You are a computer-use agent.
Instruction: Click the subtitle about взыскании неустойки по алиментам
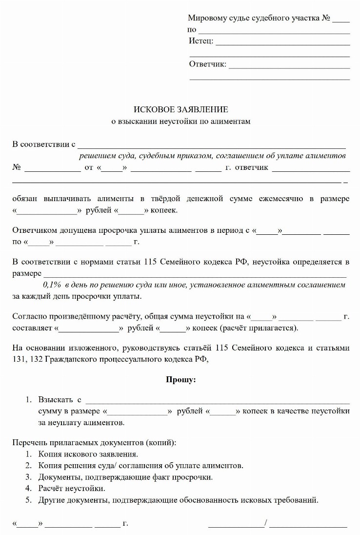180,121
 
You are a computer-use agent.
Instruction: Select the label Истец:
201,41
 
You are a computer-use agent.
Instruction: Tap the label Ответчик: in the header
207,64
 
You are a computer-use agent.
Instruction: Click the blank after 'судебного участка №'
341,19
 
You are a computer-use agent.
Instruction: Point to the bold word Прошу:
180,380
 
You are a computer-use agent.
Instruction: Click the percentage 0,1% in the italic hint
52,284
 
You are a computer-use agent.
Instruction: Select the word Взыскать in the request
54,400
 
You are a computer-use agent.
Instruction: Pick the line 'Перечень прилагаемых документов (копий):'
94,443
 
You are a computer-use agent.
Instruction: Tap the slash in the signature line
266,524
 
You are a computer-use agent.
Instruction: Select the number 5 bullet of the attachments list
29,499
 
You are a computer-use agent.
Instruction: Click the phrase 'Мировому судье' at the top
212,18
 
